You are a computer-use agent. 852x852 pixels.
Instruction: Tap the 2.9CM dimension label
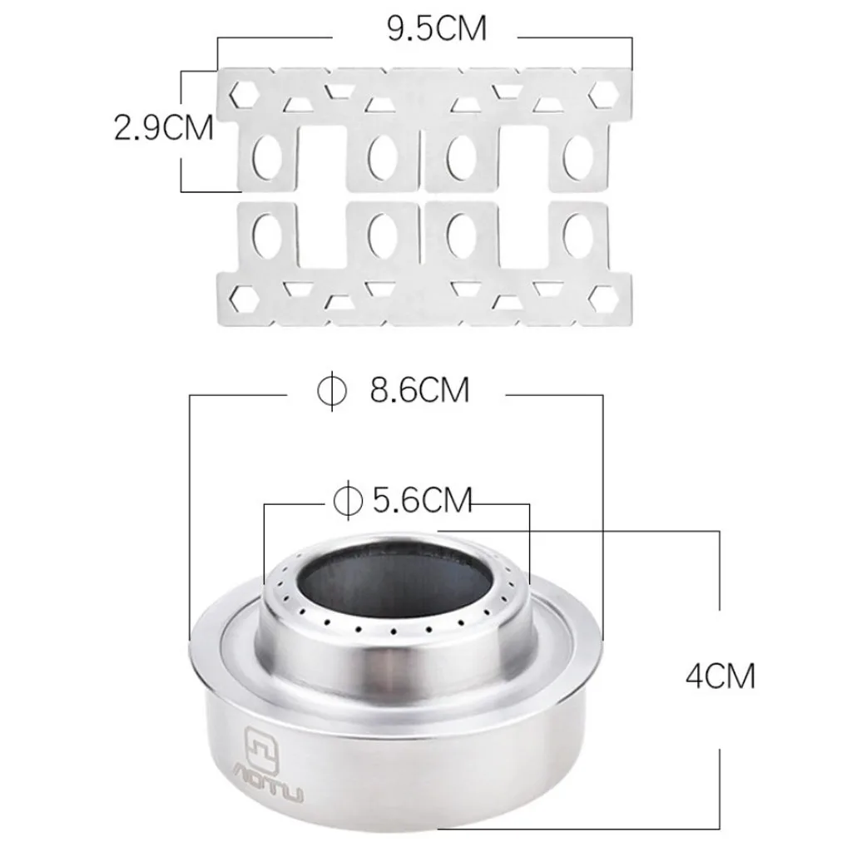tap(164, 129)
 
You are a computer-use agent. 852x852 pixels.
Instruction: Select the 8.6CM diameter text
tap(420, 389)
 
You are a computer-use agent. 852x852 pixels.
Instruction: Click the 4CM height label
tap(720, 676)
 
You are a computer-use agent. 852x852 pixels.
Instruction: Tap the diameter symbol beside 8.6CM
tap(331, 389)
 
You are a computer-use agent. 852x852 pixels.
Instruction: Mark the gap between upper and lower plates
tap(424, 195)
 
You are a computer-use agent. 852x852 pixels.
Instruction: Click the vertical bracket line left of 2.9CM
tap(182, 131)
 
